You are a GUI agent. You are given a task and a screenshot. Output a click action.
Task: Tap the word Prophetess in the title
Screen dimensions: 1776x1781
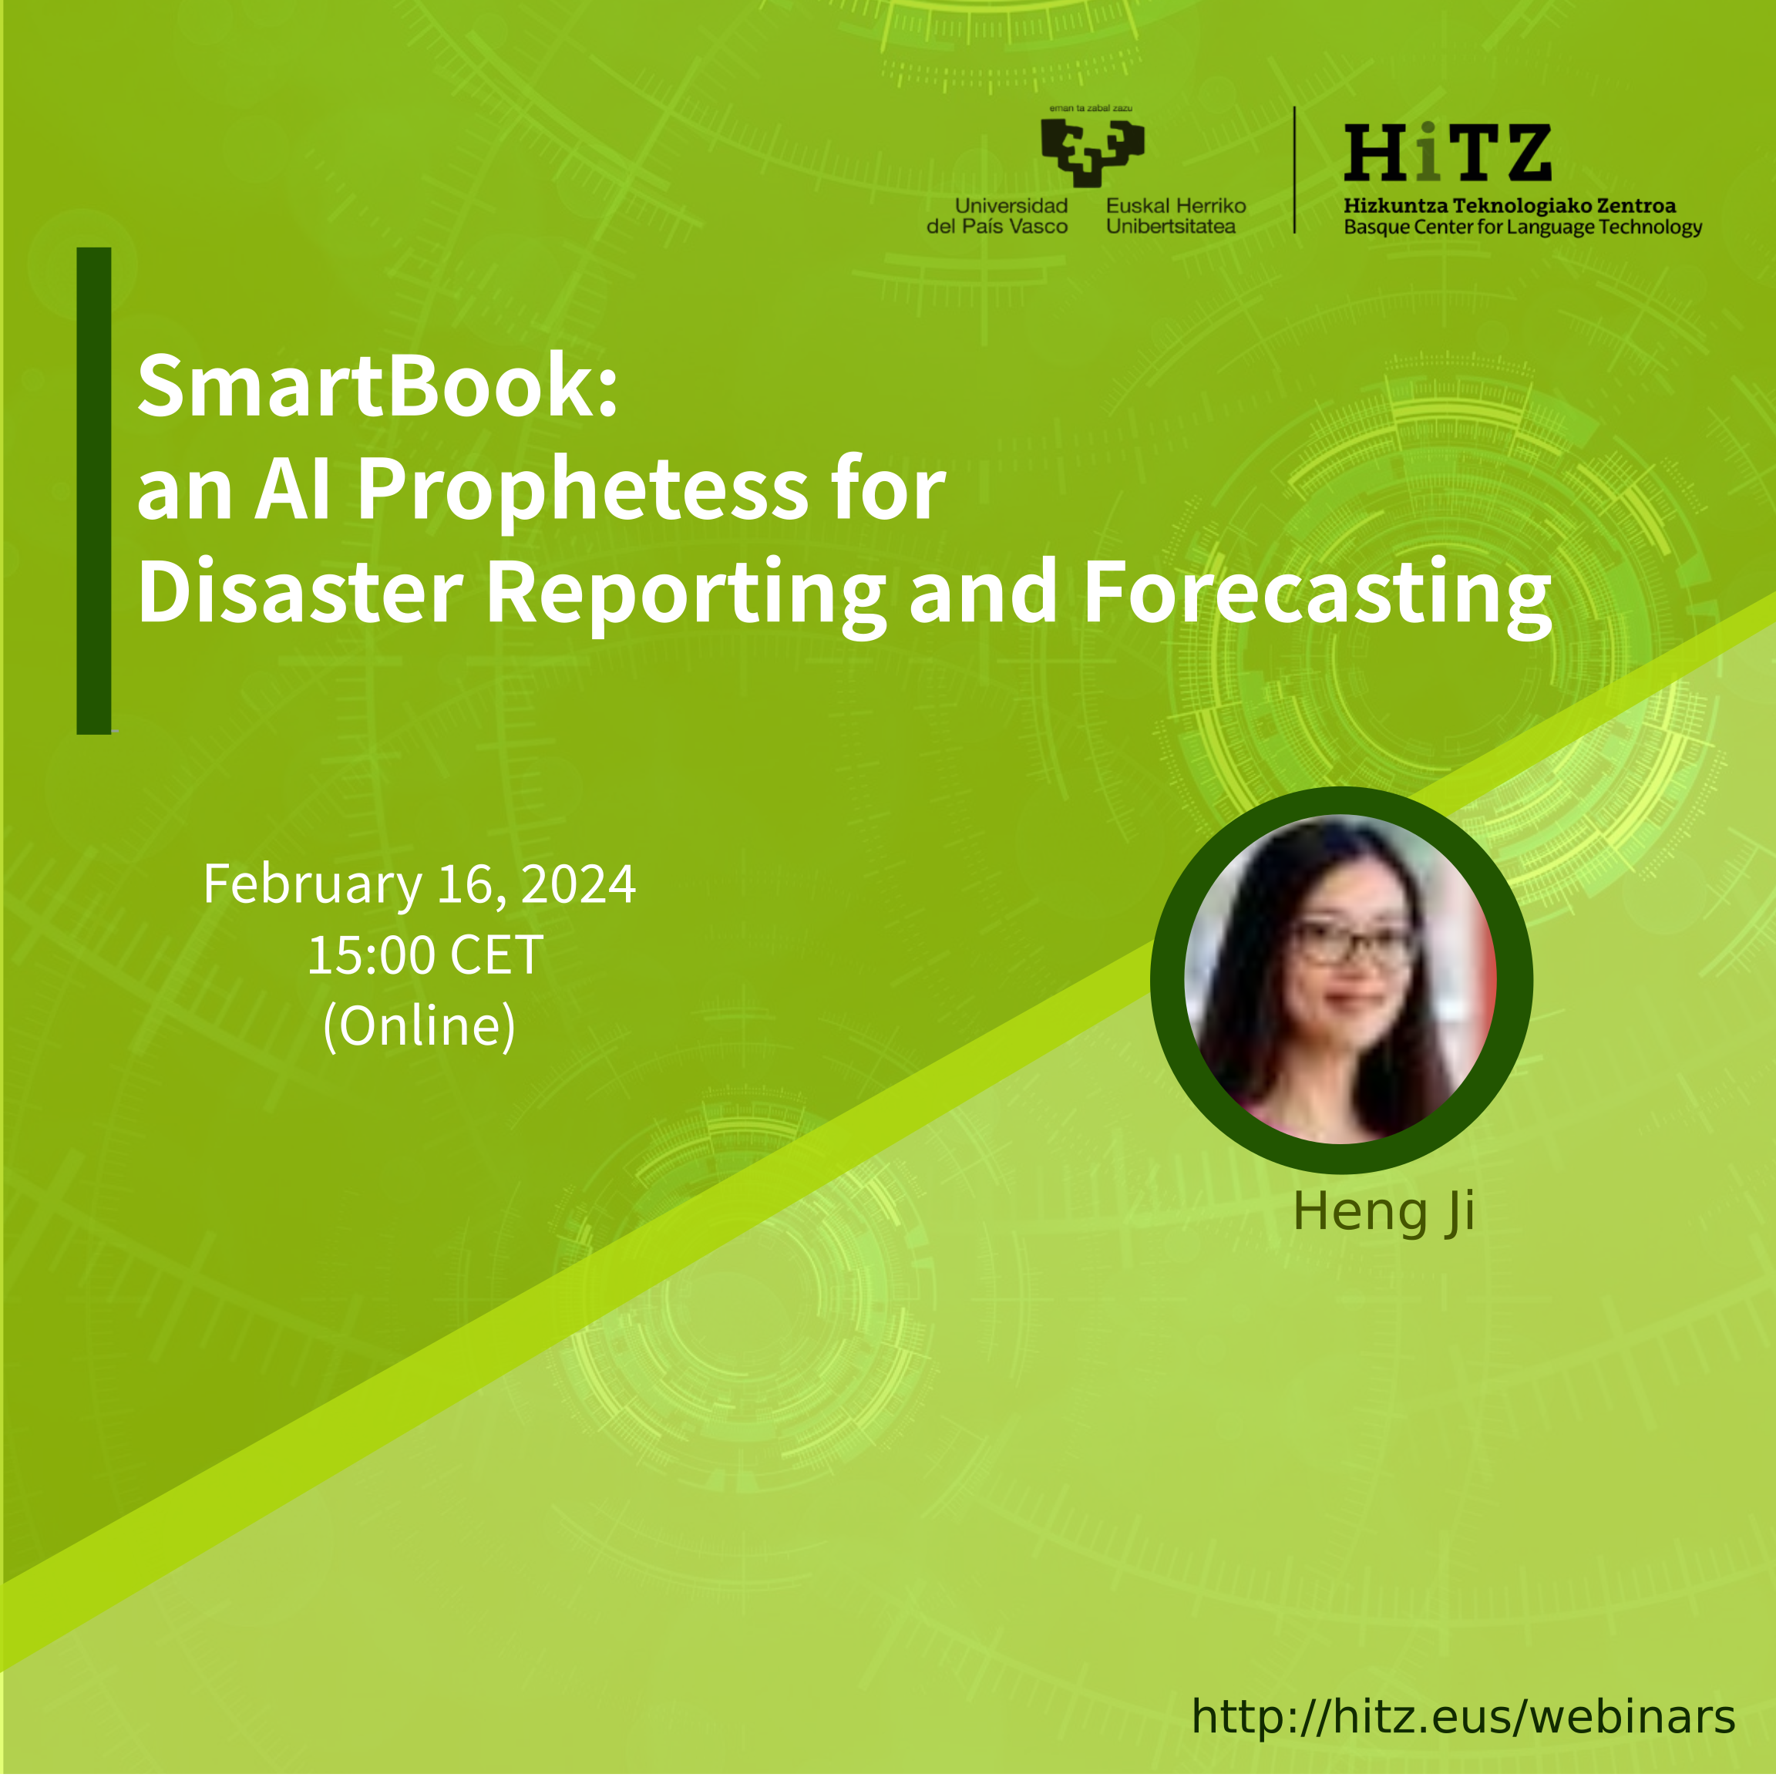[583, 491]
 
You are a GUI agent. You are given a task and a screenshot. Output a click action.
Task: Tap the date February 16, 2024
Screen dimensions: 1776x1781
[419, 885]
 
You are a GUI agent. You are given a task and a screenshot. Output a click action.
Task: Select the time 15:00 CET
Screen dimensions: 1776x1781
[425, 955]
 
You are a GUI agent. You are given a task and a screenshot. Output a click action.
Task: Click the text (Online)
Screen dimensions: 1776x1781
[419, 1025]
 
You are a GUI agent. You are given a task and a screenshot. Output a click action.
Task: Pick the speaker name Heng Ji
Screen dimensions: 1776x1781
[1384, 1213]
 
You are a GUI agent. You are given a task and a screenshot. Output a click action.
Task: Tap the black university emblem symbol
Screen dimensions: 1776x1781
[1093, 150]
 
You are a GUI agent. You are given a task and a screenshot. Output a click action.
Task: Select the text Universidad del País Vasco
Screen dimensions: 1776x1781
[997, 217]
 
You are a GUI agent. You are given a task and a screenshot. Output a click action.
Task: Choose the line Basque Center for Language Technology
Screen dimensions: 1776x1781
[1522, 227]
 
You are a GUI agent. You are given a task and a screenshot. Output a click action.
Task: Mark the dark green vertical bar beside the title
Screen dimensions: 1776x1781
[94, 491]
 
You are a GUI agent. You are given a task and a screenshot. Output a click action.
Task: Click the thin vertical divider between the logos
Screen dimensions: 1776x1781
[1294, 170]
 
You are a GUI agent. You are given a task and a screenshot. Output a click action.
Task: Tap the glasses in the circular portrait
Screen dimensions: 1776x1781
[1352, 943]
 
